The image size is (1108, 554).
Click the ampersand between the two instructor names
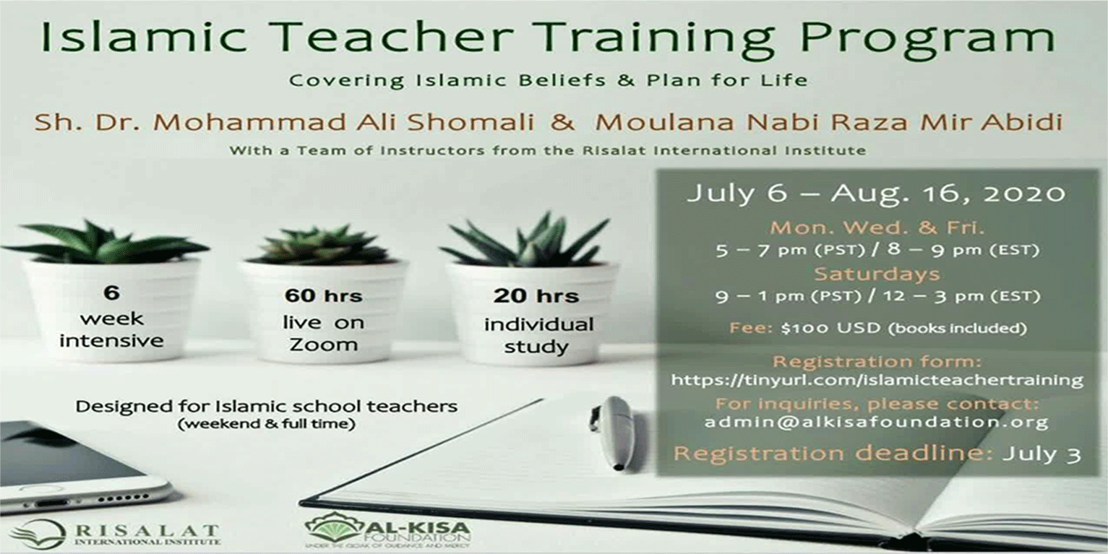click(562, 121)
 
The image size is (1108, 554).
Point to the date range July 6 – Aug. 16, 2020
click(876, 194)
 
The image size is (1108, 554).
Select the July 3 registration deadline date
click(1042, 454)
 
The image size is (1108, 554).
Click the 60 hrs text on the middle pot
click(322, 295)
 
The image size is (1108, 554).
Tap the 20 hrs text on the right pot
click(536, 295)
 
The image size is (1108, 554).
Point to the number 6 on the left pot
click(111, 293)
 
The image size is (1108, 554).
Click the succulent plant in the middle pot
click(323, 246)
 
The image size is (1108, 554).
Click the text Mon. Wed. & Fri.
click(877, 228)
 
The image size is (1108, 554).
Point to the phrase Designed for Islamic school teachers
click(267, 406)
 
